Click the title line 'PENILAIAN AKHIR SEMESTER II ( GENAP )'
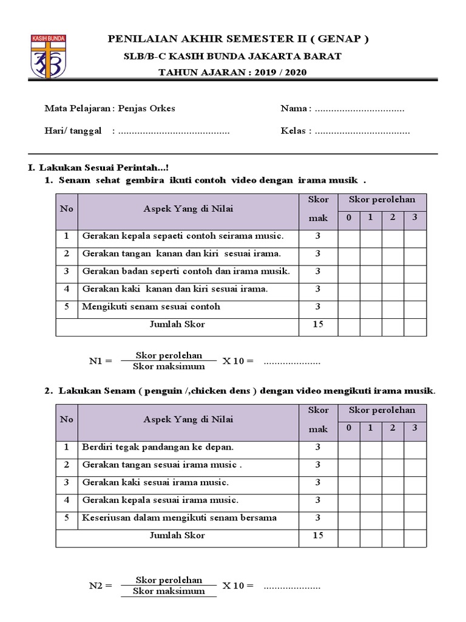pyautogui.click(x=238, y=39)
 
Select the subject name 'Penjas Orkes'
pyautogui.click(x=146, y=109)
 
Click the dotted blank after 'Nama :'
pyautogui.click(x=360, y=109)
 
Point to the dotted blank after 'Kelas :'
pyautogui.click(x=362, y=131)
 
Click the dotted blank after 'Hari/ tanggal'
pyautogui.click(x=174, y=131)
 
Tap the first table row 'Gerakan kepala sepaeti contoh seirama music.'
pyautogui.click(x=183, y=236)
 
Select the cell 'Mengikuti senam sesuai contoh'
pyautogui.click(x=151, y=307)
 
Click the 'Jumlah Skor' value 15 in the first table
pyautogui.click(x=318, y=324)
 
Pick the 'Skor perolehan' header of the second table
pyautogui.click(x=382, y=410)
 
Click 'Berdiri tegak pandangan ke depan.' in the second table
pyautogui.click(x=158, y=447)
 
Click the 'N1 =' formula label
pyautogui.click(x=100, y=361)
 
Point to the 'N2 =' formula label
pyautogui.click(x=100, y=586)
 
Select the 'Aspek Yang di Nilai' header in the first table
pyautogui.click(x=188, y=208)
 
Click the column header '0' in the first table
pyautogui.click(x=349, y=217)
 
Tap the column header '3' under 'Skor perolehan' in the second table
pyautogui.click(x=415, y=428)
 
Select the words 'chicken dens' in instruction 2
pyautogui.click(x=231, y=391)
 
